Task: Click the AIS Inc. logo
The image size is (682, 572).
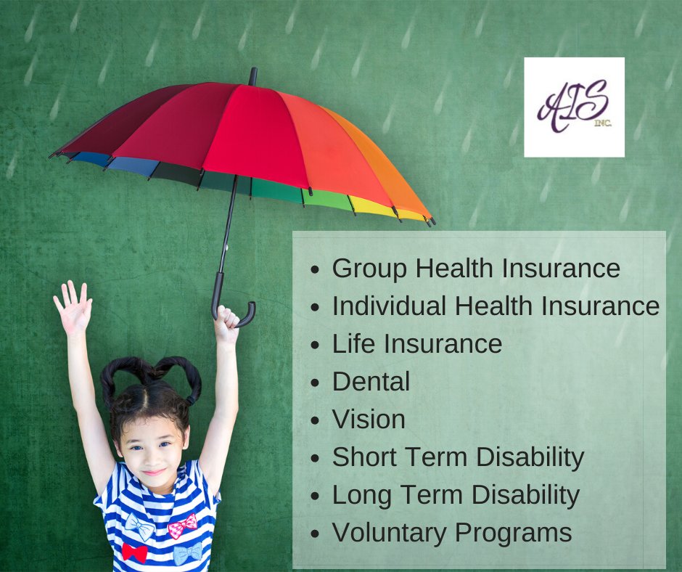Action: click(574, 107)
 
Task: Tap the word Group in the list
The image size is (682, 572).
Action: click(369, 269)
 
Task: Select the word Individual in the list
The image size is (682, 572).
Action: click(390, 306)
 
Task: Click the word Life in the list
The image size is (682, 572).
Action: click(350, 344)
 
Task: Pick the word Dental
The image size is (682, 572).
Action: click(371, 382)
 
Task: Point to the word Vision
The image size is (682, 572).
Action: click(369, 420)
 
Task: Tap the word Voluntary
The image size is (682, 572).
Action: click(388, 533)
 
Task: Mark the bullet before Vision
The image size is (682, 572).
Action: click(315, 421)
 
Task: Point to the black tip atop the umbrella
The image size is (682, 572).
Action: click(252, 75)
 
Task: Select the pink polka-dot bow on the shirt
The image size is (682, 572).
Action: click(182, 525)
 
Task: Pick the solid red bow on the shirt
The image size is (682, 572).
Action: click(134, 552)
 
